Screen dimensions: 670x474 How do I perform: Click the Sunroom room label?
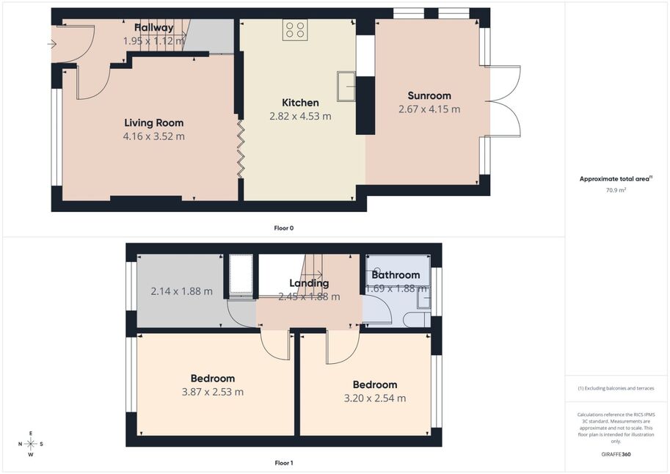[x=429, y=95]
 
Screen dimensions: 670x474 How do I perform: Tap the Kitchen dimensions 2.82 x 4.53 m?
[x=300, y=116]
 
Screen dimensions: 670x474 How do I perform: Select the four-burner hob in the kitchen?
[x=295, y=30]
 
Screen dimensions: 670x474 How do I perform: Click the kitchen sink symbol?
[x=346, y=87]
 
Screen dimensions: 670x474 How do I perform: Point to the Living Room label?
[x=154, y=123]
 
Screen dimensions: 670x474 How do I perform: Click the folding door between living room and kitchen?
[x=241, y=149]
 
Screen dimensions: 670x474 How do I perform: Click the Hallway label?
[x=154, y=27]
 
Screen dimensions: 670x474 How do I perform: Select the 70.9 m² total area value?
[x=616, y=190]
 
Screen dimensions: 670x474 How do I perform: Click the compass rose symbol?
[x=31, y=444]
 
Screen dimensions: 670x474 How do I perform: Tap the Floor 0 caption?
[x=284, y=228]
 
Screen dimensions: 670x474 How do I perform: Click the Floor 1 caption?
[x=284, y=463]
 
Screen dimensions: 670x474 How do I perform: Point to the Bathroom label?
[x=396, y=275]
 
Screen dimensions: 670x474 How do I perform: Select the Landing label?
[x=309, y=283]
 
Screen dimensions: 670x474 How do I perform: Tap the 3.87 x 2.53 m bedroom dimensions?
[x=213, y=392]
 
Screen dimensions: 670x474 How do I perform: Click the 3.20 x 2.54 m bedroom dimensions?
[x=375, y=398]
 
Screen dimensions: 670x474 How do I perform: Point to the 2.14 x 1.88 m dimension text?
[x=181, y=291]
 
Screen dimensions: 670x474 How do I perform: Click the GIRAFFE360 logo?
[x=616, y=454]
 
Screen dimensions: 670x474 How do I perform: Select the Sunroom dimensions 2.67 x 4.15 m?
[x=429, y=109]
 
